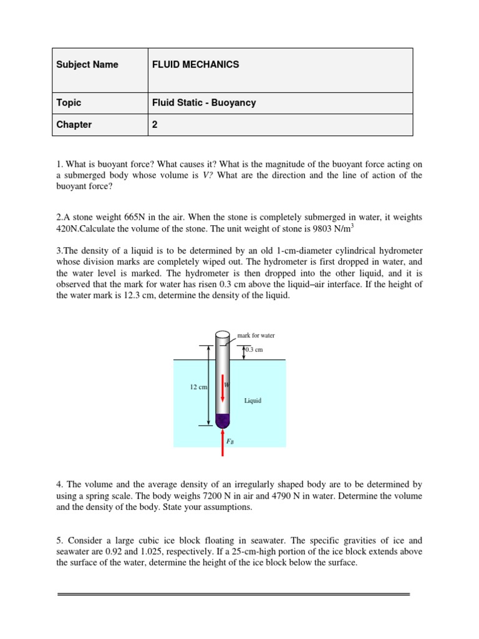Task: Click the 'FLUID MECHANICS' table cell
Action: pyautogui.click(x=195, y=65)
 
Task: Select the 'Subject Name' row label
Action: pyautogui.click(x=87, y=65)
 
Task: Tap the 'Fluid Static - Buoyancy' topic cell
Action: pyautogui.click(x=204, y=103)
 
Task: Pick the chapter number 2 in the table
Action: pyautogui.click(x=155, y=125)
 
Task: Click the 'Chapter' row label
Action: pyautogui.click(x=74, y=125)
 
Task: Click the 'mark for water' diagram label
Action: pyautogui.click(x=256, y=335)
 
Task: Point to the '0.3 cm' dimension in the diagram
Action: pyautogui.click(x=254, y=350)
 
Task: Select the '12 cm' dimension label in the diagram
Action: pyautogui.click(x=198, y=388)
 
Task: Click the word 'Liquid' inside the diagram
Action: pyautogui.click(x=253, y=401)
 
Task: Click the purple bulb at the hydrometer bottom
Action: pyautogui.click(x=223, y=419)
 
